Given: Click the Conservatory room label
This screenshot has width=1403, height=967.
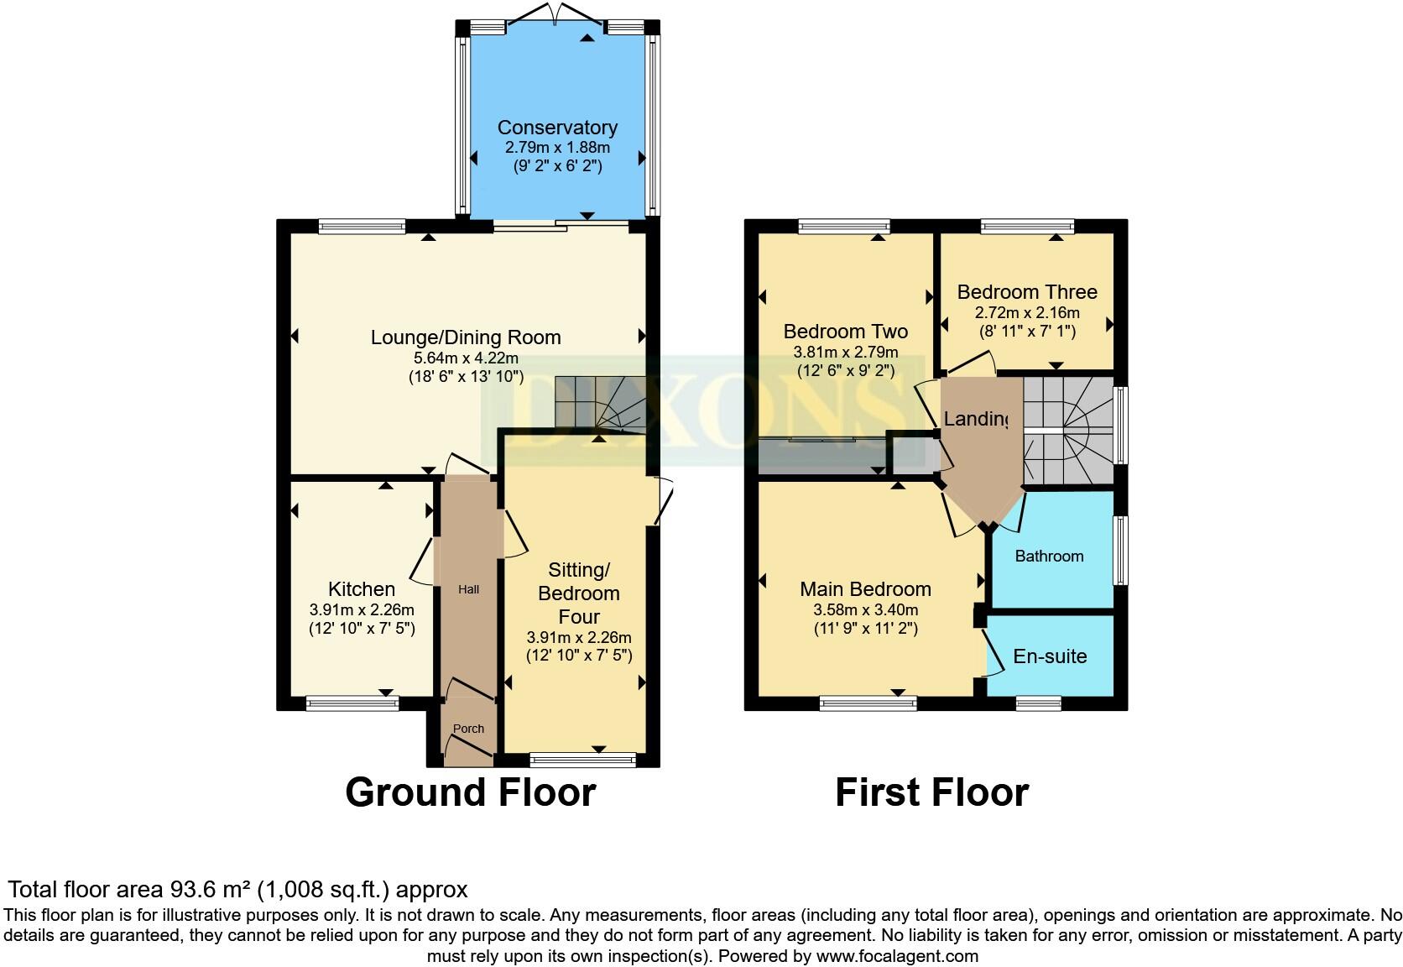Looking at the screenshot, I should [557, 128].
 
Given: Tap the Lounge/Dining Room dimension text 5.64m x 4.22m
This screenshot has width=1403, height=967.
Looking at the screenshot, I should [466, 358].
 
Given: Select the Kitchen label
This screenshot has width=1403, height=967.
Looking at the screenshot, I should [362, 589].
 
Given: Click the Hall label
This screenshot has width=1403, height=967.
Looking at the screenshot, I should [468, 589].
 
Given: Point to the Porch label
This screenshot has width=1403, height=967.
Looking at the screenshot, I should [468, 729].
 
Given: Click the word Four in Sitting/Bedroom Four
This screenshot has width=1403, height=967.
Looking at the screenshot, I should [579, 617].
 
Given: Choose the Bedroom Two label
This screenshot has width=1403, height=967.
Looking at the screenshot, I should [845, 332].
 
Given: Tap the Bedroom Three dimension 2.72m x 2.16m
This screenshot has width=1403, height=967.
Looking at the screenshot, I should [1027, 312].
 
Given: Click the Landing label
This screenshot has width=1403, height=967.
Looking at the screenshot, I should [976, 418].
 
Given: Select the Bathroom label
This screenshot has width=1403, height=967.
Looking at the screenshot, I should [1049, 556].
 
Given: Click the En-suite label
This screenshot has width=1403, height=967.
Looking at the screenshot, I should [1050, 656].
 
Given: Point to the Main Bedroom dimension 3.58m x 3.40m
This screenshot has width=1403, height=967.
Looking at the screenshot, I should [865, 610].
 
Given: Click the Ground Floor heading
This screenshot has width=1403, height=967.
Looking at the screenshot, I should [470, 792].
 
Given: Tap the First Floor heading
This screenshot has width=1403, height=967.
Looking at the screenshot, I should [931, 792].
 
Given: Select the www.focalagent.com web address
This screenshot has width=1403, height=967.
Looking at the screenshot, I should [897, 956].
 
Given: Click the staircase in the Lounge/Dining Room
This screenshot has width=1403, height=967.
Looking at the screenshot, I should [597, 403].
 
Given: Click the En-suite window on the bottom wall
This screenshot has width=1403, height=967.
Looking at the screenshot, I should [1038, 703].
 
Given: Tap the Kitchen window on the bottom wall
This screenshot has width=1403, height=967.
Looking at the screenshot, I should [352, 703].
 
